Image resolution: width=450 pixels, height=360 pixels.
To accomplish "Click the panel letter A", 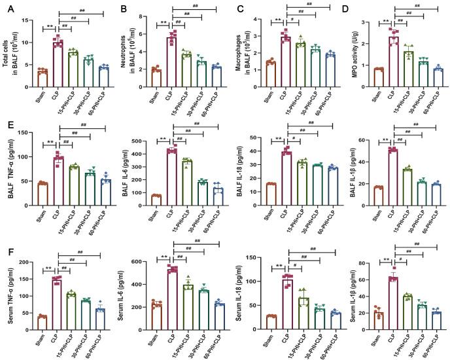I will click(x=5, y=9).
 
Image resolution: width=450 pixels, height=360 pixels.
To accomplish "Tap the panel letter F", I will click(x=5, y=250).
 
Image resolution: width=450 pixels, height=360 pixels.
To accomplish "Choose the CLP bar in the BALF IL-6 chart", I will click(x=173, y=174).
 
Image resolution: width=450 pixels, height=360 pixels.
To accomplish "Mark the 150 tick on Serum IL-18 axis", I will click(x=247, y=262).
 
